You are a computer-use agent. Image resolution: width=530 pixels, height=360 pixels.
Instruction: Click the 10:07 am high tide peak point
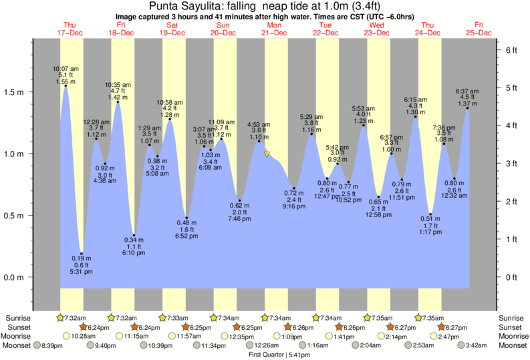tap(65, 85)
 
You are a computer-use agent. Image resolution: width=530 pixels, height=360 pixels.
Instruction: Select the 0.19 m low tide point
tap(82, 253)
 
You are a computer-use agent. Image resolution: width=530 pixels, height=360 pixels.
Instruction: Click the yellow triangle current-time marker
tap(267, 154)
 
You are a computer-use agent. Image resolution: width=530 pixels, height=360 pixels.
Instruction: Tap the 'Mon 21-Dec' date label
tap(274, 29)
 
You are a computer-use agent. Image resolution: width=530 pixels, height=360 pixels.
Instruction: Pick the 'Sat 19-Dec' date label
tap(172, 29)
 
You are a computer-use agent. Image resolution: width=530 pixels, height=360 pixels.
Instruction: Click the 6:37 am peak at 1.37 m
tap(467, 108)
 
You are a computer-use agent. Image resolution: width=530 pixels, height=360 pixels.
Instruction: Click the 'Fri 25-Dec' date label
tap(479, 29)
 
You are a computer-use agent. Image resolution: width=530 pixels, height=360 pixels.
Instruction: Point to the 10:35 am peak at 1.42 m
tap(118, 102)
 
